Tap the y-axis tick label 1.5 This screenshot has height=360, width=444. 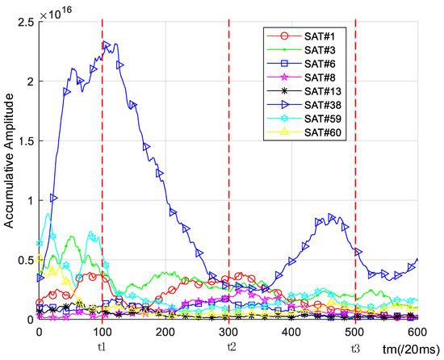click(25, 140)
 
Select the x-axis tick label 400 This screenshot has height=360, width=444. click(291, 331)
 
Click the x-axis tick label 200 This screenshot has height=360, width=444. click(165, 331)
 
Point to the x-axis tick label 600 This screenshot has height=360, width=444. click(417, 331)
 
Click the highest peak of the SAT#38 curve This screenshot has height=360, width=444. click(107, 44)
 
